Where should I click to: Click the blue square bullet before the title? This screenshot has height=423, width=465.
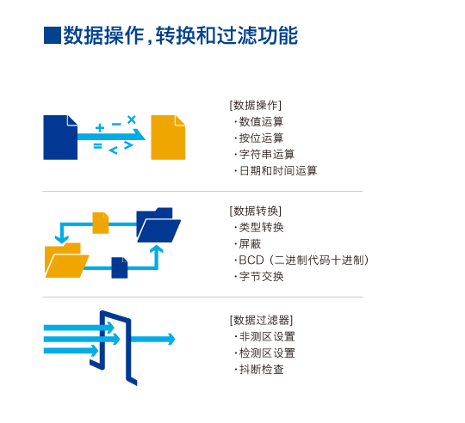click(x=53, y=35)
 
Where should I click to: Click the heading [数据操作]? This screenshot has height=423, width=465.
click(x=256, y=105)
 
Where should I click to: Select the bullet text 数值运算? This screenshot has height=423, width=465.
click(x=261, y=122)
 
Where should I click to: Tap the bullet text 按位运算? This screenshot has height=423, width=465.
click(x=261, y=138)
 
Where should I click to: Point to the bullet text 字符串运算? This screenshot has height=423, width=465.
click(x=267, y=154)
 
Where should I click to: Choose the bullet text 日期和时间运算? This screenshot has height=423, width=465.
click(x=278, y=171)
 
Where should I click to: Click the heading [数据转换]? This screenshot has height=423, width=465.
click(x=256, y=211)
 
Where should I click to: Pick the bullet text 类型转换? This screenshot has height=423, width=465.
click(x=261, y=227)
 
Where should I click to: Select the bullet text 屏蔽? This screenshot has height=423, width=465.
click(x=250, y=244)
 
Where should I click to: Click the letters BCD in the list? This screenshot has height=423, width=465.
click(x=251, y=261)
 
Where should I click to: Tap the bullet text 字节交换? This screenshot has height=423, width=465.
click(x=261, y=277)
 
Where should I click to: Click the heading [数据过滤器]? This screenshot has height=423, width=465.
click(x=261, y=320)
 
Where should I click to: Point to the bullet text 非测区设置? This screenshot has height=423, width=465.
click(x=267, y=336)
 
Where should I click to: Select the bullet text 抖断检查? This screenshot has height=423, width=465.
click(x=261, y=370)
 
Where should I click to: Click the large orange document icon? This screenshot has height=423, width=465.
click(x=168, y=138)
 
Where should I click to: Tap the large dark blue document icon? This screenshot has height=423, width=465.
click(x=60, y=138)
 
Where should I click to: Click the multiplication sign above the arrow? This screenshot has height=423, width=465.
click(x=132, y=120)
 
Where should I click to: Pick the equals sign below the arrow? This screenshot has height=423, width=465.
click(x=97, y=145)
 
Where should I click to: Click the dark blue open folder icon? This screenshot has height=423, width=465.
click(x=158, y=225)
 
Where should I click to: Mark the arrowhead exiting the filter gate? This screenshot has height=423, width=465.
click(x=171, y=340)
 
